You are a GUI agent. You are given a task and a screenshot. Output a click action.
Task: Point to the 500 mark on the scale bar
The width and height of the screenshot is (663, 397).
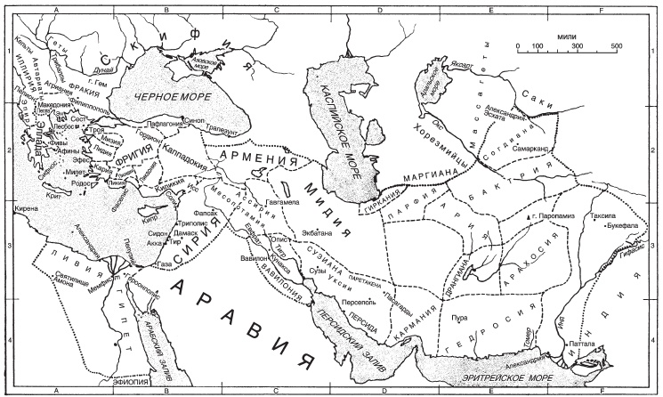coord(616,45)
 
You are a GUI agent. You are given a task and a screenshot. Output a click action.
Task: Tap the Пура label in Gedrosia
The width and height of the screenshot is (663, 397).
coord(459,317)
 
